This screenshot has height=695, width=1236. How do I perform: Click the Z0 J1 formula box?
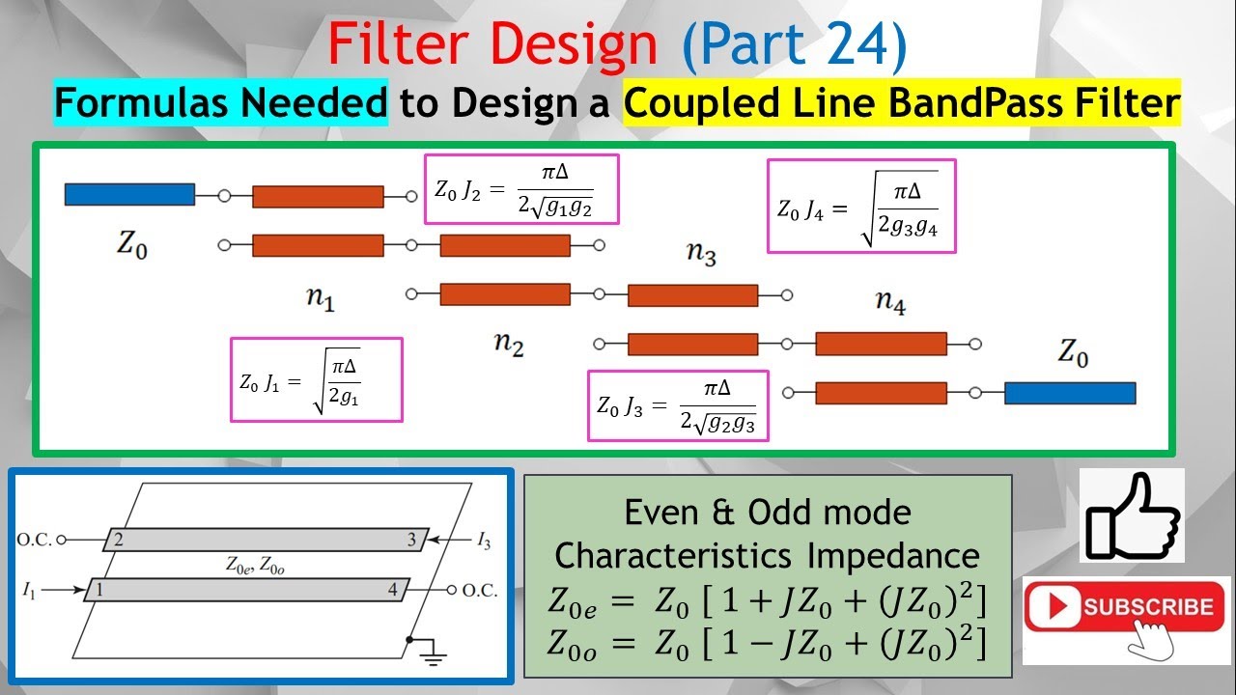[x=316, y=379]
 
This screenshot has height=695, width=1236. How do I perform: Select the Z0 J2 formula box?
[x=520, y=189]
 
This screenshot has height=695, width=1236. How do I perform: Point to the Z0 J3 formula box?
[x=678, y=405]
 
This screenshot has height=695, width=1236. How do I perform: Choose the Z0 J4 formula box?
[x=860, y=206]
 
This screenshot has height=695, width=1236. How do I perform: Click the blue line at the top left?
[x=129, y=195]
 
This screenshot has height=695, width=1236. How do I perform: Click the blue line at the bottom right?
[x=1069, y=393]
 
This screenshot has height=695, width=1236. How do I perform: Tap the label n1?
[x=320, y=299]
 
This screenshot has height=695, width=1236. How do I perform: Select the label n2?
[x=508, y=345]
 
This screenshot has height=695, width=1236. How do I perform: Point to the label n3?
[x=701, y=254]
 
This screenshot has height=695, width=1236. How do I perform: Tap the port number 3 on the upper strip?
[x=411, y=540]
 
